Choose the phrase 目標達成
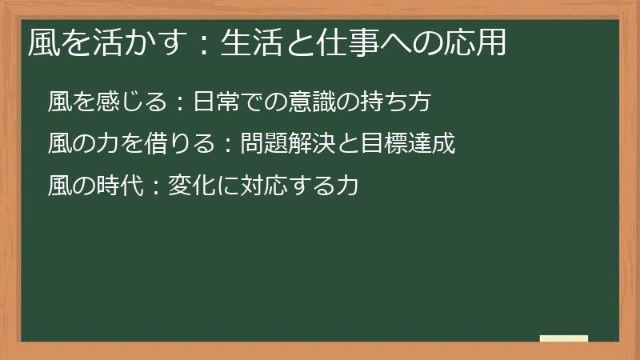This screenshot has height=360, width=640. (x=408, y=145)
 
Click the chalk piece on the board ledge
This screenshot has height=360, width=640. (x=564, y=338)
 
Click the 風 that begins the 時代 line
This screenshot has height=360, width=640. (x=59, y=187)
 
